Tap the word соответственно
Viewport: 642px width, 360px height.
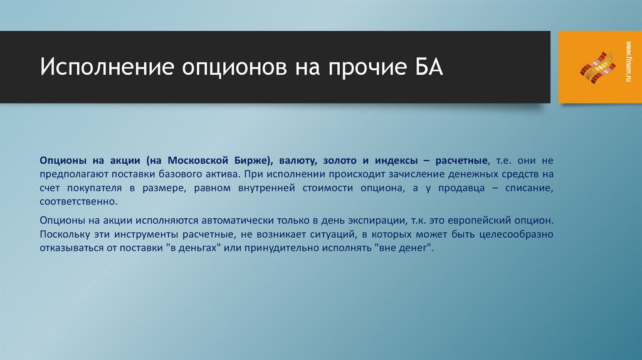78,202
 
